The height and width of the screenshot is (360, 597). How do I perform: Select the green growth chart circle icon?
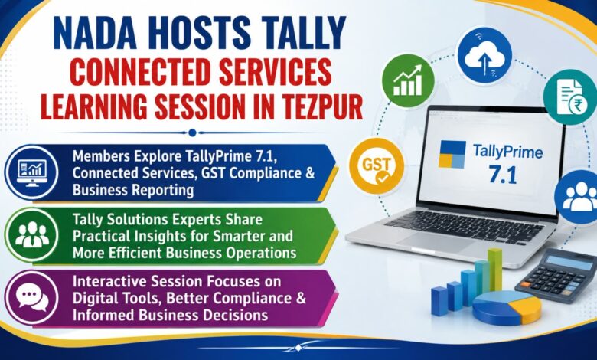click(x=408, y=80)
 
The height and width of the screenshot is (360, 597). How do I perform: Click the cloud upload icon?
click(x=484, y=54)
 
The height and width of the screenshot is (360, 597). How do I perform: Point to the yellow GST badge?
click(x=377, y=165)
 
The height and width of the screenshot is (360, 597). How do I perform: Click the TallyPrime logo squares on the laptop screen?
click(x=452, y=154)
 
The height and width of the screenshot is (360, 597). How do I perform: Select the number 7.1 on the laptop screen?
click(x=503, y=175)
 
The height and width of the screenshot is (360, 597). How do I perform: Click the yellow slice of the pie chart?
click(x=527, y=307)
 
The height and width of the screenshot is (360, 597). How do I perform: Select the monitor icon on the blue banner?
click(x=32, y=172)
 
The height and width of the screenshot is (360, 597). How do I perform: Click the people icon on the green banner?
click(x=32, y=234)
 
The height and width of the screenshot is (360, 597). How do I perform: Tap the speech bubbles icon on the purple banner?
click(x=33, y=298)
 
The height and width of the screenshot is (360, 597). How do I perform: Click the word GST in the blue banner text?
click(x=214, y=172)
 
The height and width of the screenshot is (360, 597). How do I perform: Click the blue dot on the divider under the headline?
click(x=192, y=133)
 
